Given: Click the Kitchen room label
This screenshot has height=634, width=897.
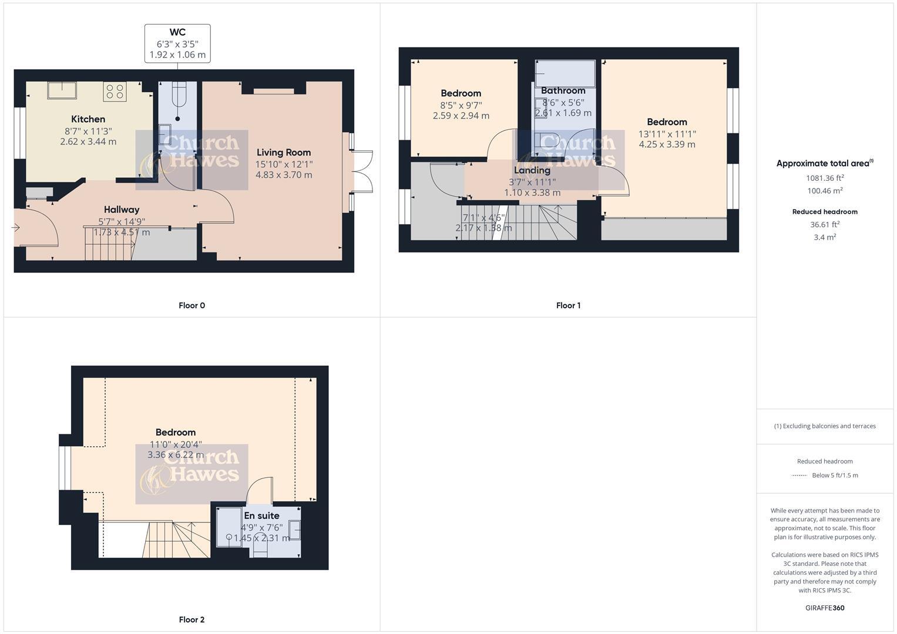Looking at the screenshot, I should tap(88, 119).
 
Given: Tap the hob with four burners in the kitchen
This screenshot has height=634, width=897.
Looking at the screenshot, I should tap(115, 91).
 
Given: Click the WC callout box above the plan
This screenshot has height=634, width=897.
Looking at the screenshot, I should tap(177, 43).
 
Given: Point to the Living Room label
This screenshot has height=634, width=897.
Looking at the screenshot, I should tap(283, 152).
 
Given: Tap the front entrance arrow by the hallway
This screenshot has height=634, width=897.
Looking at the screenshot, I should tap(16, 227).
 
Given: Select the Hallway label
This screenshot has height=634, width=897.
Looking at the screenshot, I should tap(122, 210).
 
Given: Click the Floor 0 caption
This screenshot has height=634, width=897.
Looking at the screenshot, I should tap(192, 305).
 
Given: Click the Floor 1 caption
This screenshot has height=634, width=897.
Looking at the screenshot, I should tap(568, 305).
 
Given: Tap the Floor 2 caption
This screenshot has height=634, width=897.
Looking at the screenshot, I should tap(192, 619).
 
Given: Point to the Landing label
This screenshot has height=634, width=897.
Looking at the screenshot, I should tap(532, 170).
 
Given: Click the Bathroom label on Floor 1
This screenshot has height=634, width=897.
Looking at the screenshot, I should tap(563, 90).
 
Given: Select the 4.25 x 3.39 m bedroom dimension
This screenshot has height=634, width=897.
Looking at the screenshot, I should tap(667, 144).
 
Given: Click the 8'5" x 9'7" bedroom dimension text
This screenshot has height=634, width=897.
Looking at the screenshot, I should tap(461, 106).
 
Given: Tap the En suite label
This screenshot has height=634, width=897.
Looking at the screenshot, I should tap(261, 515).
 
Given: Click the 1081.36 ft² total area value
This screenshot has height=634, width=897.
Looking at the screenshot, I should tap(825, 178).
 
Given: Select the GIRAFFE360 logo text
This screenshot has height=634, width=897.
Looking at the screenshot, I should tap(825, 608).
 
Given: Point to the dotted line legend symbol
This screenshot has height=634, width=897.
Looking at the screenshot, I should tap(799, 475).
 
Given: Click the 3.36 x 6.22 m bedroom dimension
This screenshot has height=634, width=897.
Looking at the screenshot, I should tap(176, 455).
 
